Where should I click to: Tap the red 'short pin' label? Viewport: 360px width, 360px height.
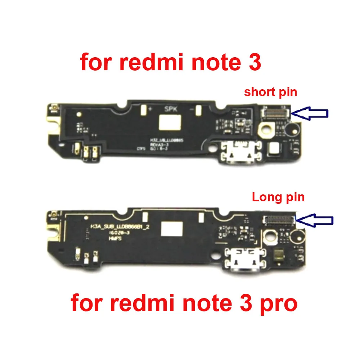pyautogui.click(x=270, y=92)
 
